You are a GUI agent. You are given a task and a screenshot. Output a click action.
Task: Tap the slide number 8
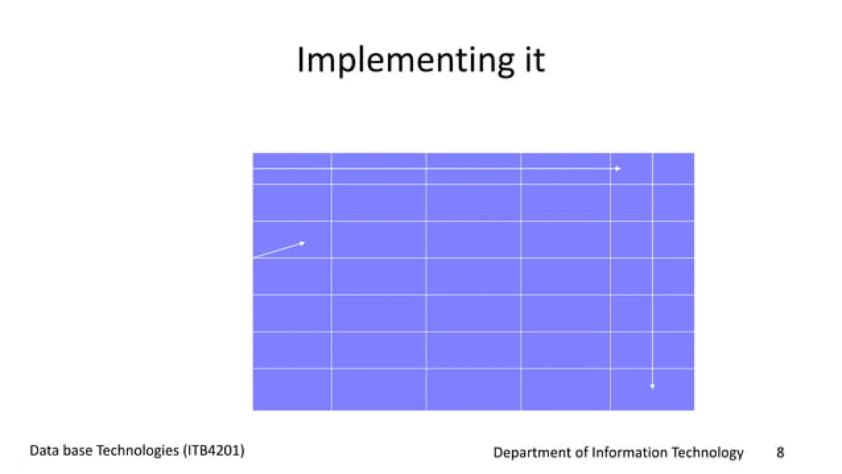780,452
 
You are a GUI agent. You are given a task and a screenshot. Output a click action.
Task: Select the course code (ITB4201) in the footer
214,451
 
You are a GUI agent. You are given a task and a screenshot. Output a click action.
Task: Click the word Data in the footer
44,451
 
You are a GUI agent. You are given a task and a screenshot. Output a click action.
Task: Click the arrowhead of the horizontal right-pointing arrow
618,169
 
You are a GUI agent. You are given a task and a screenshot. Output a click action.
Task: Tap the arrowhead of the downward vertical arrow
652,386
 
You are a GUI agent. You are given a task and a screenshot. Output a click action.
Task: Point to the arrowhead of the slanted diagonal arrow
302,244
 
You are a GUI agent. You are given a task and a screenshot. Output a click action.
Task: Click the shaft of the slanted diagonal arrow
278,251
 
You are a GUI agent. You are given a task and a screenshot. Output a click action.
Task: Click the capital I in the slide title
301,61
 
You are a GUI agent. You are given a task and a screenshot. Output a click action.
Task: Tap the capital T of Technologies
100,451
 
